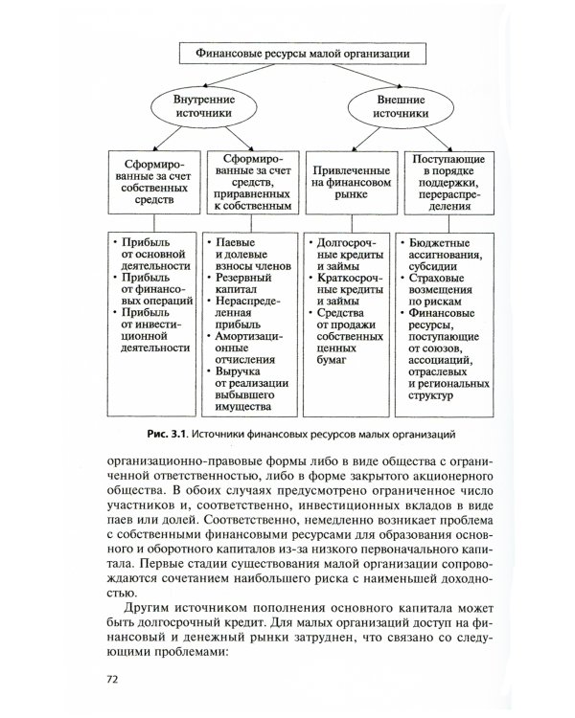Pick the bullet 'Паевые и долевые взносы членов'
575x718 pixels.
point(251,250)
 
